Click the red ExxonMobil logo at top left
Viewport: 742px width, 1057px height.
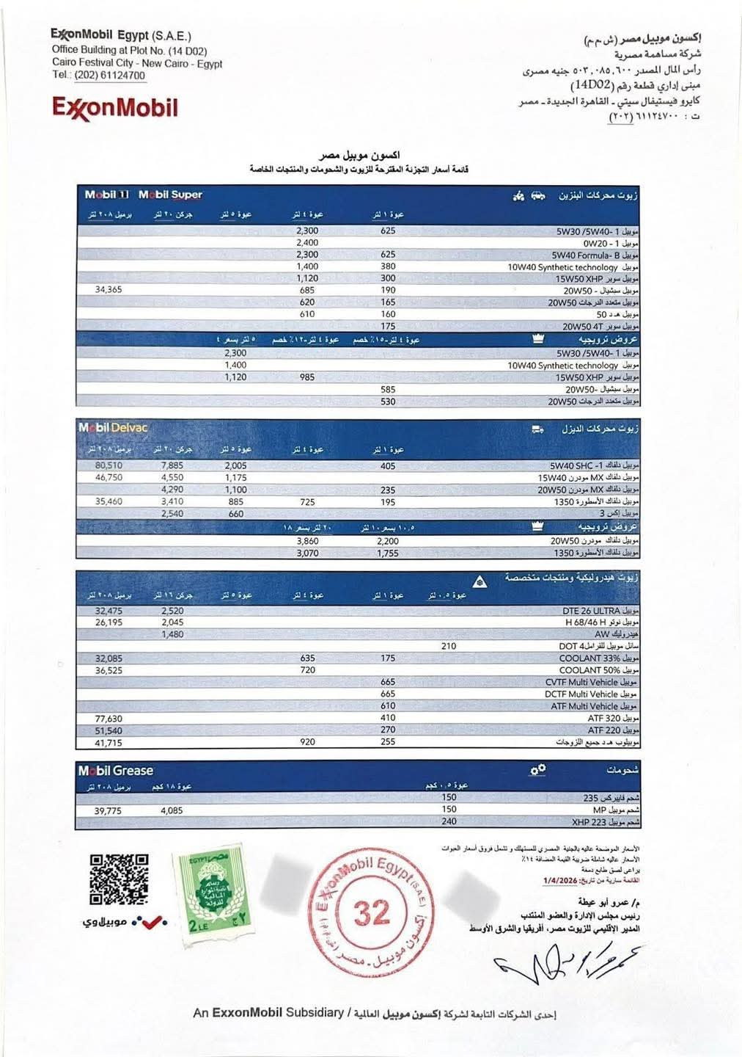pos(114,109)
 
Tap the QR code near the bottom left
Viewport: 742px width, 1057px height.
pos(119,879)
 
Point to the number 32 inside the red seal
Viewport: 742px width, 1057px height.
pos(372,912)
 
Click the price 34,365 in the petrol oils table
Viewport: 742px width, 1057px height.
pos(109,290)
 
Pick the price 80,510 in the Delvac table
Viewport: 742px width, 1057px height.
pos(109,465)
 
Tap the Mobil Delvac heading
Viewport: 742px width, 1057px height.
pos(113,427)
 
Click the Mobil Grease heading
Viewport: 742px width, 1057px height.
pos(116,771)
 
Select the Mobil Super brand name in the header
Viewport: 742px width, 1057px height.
pos(170,195)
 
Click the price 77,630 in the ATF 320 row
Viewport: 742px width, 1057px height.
pos(109,719)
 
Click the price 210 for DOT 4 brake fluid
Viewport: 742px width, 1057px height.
pos(449,647)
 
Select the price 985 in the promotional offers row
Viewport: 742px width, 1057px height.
pos(307,377)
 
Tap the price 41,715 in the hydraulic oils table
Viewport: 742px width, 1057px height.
pos(109,743)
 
